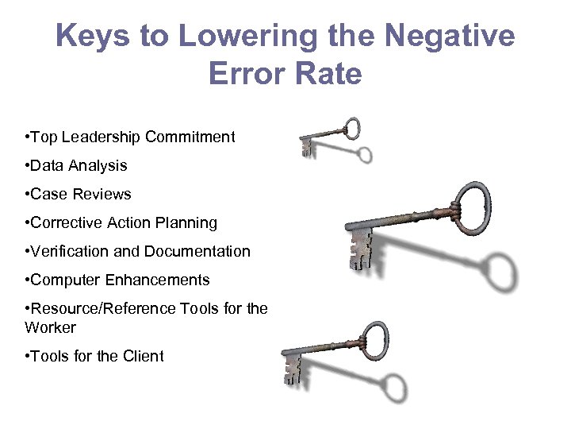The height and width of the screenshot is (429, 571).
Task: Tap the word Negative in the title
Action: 448,37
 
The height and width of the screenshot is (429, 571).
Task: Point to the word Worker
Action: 51,328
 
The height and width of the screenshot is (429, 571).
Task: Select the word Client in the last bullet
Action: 143,357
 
